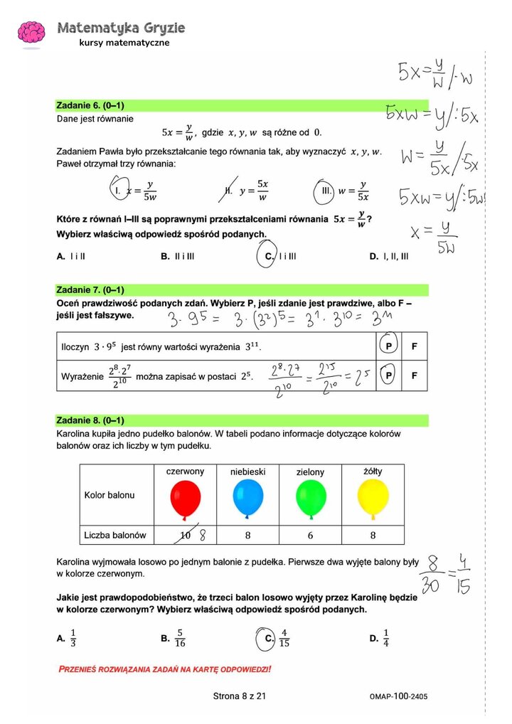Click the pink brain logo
click(31, 33)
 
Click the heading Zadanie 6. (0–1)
click(90, 105)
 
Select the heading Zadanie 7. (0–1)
click(90, 290)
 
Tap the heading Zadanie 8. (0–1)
click(90, 420)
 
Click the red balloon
click(186, 499)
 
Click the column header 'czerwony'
click(185, 472)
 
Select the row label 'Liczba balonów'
click(115, 535)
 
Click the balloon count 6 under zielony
click(310, 535)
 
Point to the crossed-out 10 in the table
click(186, 535)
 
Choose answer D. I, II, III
click(389, 257)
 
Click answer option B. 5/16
click(173, 638)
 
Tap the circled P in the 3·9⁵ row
click(388, 347)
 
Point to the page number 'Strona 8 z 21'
click(240, 696)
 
